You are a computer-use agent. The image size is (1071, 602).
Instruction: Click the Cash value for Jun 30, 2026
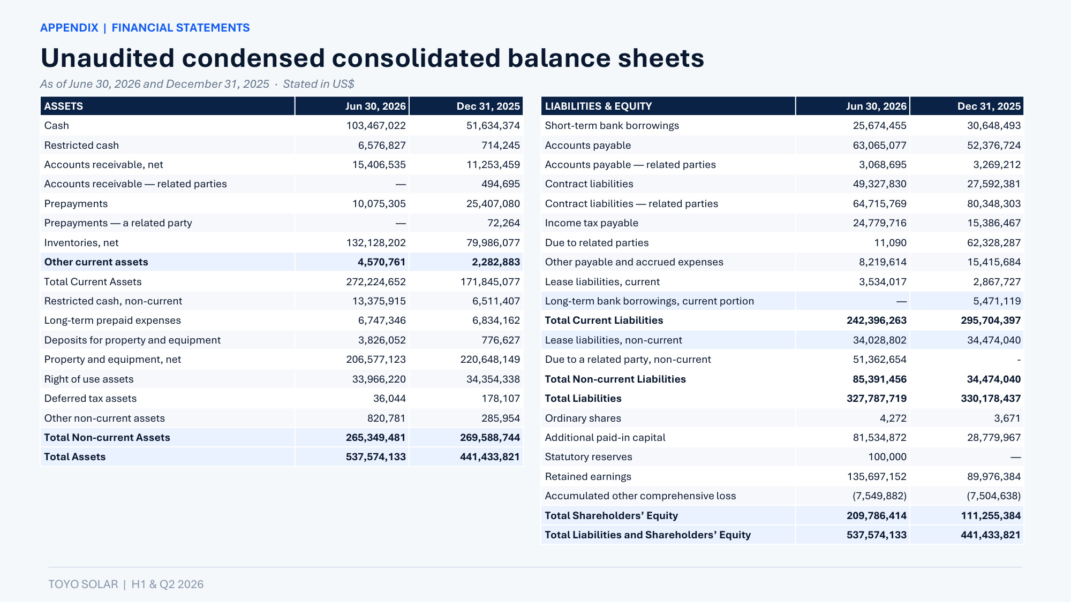pos(376,126)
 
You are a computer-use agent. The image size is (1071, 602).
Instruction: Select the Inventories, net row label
pos(81,243)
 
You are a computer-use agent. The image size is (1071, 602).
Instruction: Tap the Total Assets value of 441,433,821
pos(490,457)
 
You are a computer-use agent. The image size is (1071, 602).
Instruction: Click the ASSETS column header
pos(64,106)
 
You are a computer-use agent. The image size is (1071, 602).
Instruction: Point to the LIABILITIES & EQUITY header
pos(599,106)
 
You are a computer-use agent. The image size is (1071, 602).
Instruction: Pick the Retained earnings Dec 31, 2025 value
pos(994,477)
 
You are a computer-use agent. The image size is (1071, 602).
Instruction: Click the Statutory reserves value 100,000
pos(887,457)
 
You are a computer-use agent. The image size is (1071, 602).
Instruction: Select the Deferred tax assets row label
pos(90,399)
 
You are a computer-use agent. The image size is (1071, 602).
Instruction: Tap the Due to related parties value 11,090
pos(891,243)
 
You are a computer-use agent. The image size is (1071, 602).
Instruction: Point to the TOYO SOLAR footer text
pos(83,584)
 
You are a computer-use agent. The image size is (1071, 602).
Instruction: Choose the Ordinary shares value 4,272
pos(893,418)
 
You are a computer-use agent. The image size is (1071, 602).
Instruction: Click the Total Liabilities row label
pos(583,399)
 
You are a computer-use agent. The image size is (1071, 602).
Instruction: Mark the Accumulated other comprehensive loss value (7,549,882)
pos(880,496)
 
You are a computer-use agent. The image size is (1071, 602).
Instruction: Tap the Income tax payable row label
pos(592,223)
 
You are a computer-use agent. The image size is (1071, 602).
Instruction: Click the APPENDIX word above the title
pos(69,28)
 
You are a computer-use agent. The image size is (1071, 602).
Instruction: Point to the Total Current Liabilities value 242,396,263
pos(877,321)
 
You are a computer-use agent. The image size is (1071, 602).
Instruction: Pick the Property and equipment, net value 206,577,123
pos(376,360)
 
